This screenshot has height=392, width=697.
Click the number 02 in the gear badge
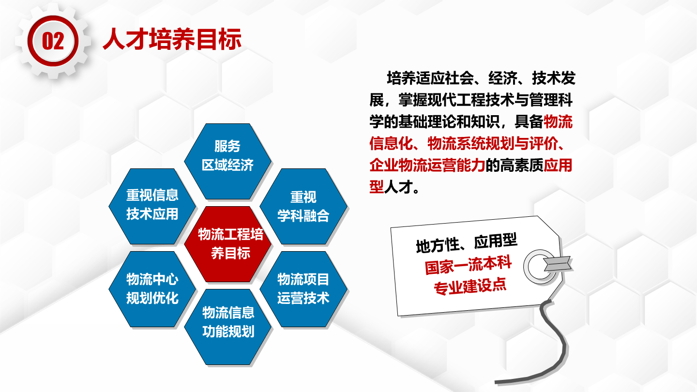point(53,41)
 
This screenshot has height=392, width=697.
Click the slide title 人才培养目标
point(172,39)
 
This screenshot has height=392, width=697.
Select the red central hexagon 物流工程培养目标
point(228,244)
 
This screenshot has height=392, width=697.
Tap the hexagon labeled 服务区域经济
point(228,162)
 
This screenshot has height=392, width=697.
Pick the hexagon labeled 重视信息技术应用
point(152,206)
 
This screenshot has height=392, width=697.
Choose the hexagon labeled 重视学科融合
point(303,206)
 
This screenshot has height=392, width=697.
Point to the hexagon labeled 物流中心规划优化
point(152,289)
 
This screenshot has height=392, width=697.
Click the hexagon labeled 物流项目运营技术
point(303,289)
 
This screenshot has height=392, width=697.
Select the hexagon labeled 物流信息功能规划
point(228,327)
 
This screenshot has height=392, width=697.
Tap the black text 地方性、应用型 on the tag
point(467,243)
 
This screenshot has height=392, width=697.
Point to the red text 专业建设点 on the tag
point(470,286)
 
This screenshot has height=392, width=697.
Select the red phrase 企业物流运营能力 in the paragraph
point(427,165)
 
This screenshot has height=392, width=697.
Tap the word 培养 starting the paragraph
point(401,78)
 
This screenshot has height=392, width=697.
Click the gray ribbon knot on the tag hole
point(557,264)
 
